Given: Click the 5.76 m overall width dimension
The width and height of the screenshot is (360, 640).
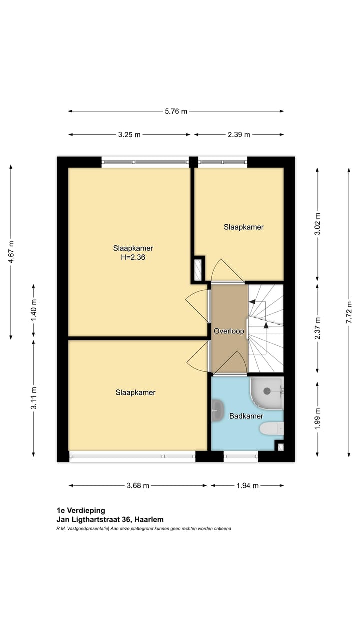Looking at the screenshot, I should click(176, 111).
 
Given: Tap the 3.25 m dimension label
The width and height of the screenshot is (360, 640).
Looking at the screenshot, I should click(129, 135).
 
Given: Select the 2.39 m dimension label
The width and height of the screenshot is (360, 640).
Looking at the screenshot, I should click(239, 135).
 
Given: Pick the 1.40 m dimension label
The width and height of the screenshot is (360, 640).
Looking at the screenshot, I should click(34, 309).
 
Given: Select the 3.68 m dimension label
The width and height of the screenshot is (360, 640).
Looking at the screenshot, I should click(138, 485).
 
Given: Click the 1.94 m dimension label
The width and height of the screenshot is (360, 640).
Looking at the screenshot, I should click(247, 485).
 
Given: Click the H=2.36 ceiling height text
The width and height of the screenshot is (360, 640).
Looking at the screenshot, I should click(133, 258).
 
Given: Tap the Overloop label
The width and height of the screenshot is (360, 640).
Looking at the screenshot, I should click(229, 331).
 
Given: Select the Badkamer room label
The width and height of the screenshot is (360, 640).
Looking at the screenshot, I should click(246, 416).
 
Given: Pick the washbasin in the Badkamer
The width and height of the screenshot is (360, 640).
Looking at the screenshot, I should click(217, 410).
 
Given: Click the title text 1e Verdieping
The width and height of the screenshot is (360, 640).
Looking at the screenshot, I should click(81, 510).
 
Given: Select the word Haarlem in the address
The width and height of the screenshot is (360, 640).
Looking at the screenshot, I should click(149, 520).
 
